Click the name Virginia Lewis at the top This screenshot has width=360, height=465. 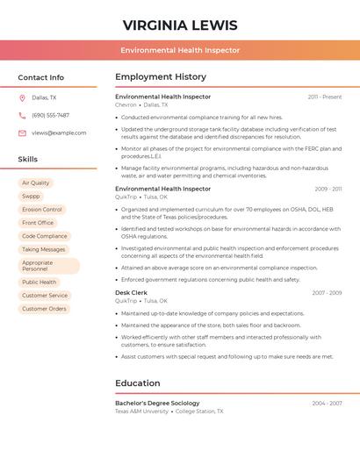(179, 24)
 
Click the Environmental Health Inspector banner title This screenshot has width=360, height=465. (180, 50)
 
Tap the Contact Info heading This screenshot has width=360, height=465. (40, 77)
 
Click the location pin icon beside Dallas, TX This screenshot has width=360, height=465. (22, 97)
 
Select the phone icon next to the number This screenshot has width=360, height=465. (22, 115)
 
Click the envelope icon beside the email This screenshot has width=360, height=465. (22, 132)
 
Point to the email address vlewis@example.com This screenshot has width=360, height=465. (59, 132)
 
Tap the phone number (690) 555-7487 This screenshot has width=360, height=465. (50, 115)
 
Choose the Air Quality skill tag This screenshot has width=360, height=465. (36, 183)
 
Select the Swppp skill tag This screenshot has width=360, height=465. (31, 197)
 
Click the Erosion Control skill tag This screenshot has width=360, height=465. (42, 210)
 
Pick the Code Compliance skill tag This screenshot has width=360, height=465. (45, 236)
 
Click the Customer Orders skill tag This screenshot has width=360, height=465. (44, 309)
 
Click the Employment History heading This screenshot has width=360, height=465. (161, 77)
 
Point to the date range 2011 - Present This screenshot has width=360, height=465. (324, 97)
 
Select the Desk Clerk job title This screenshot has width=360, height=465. (131, 292)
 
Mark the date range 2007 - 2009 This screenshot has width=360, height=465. (327, 292)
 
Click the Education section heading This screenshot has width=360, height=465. (138, 383)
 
